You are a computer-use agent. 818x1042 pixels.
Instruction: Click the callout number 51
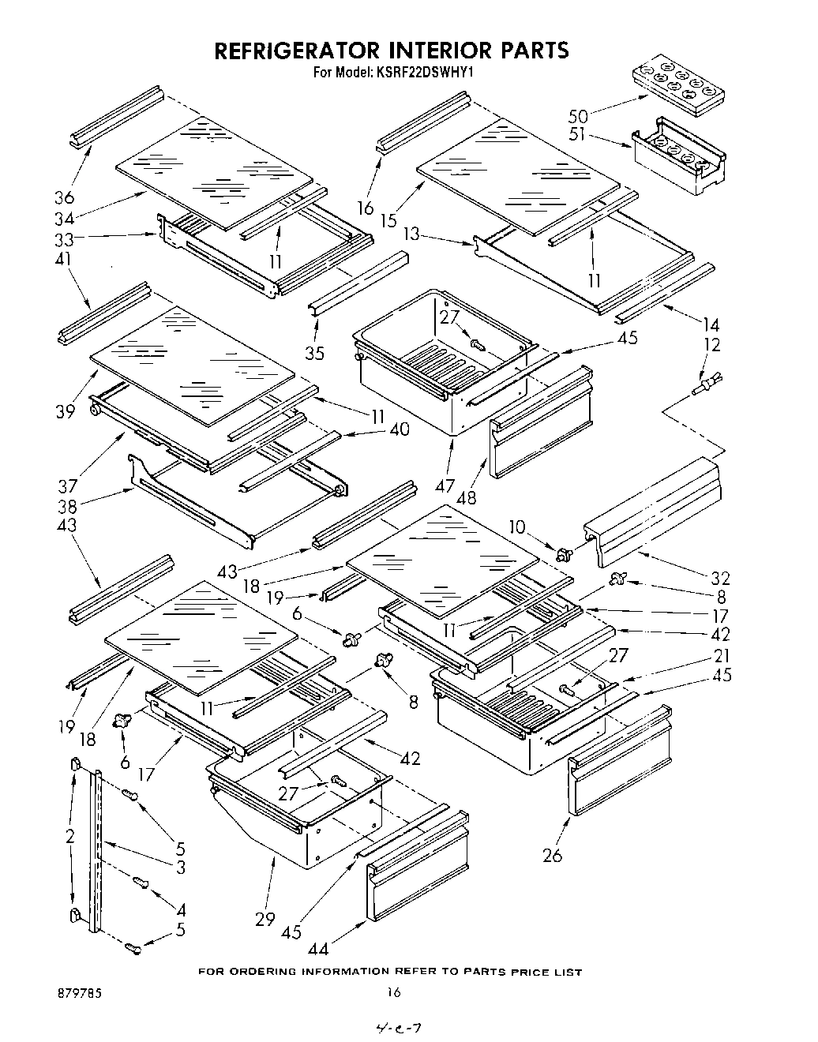pyautogui.click(x=578, y=134)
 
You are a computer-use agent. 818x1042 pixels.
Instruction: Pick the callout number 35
pyautogui.click(x=315, y=353)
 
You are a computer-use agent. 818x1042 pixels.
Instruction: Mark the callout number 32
pyautogui.click(x=720, y=578)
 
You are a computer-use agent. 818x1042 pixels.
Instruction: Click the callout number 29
pyautogui.click(x=265, y=918)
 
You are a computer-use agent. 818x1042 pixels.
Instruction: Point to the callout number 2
pyautogui.click(x=70, y=836)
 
